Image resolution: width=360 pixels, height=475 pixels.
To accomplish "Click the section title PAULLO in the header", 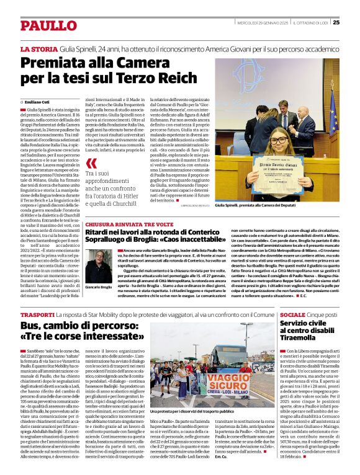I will click(47, 25).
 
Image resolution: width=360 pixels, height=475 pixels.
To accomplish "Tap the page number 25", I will click(336, 23).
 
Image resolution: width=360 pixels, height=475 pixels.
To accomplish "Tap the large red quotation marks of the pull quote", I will click(92, 163).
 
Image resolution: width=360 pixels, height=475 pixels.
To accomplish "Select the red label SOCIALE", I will click(292, 315).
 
